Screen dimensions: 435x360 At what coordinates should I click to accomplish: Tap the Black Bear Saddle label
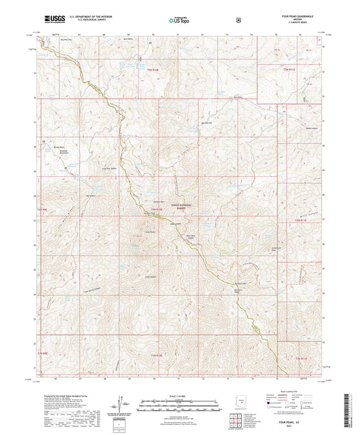click(190, 237)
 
